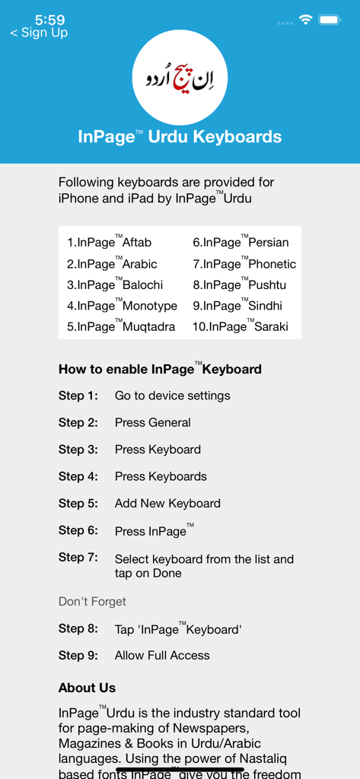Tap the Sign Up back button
click(39, 33)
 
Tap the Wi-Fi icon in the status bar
click(306, 21)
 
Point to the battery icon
click(330, 21)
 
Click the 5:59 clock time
click(49, 20)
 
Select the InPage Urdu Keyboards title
click(180, 137)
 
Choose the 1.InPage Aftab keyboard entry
click(110, 243)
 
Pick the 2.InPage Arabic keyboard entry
click(112, 264)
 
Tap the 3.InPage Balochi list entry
click(115, 285)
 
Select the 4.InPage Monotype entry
click(122, 306)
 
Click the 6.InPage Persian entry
click(241, 243)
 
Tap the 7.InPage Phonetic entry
click(244, 264)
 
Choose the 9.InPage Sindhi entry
click(237, 306)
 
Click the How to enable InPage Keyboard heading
click(160, 369)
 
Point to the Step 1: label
click(78, 396)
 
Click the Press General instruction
click(153, 422)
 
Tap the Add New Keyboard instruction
click(167, 503)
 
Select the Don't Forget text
click(92, 602)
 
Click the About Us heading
click(87, 688)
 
